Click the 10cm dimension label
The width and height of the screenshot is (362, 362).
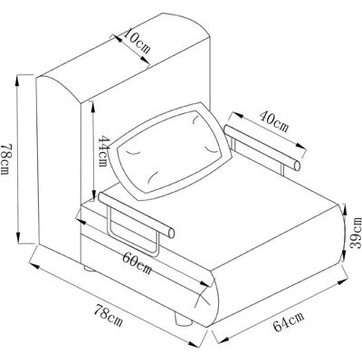point(137,41)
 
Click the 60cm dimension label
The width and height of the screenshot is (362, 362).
point(137,262)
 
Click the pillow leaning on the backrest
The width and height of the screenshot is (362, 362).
point(170,152)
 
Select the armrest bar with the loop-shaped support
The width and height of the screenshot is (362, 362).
point(136,214)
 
